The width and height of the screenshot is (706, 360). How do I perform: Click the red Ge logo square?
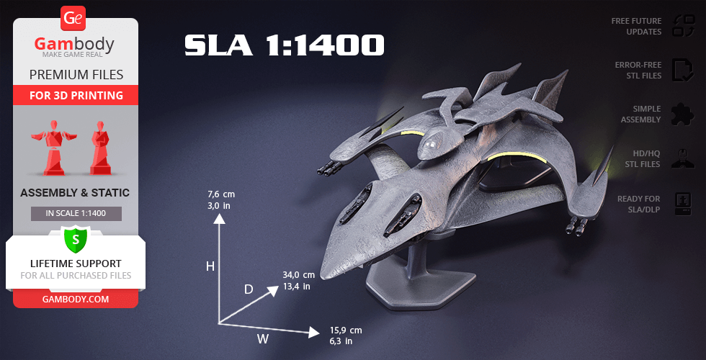[73, 19]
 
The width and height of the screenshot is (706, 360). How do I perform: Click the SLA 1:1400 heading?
[284, 45]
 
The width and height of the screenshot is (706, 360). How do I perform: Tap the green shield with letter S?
[76, 239]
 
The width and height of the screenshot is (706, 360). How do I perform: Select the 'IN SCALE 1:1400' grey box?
[76, 213]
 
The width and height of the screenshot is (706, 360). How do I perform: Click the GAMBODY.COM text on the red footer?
[76, 300]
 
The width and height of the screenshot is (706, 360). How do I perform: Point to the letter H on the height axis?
[210, 267]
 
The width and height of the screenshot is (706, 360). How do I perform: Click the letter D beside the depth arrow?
[249, 289]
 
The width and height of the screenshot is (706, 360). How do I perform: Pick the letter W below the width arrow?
[263, 339]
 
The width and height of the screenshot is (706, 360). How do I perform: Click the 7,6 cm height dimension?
[221, 195]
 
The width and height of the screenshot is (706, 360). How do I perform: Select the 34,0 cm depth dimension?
[298, 275]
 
